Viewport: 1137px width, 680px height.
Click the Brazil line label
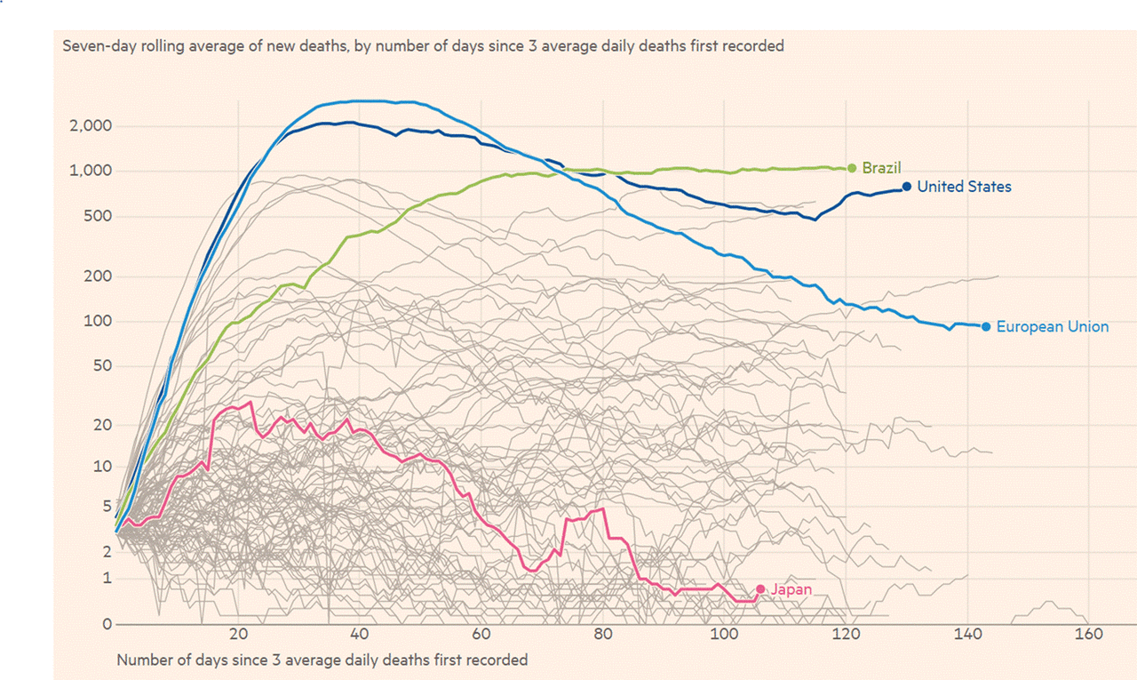tap(881, 168)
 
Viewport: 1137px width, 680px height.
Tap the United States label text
tap(964, 187)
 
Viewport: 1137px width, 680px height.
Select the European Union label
tap(1053, 326)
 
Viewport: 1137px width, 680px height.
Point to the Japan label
tap(791, 589)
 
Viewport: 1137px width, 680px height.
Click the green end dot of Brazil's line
tap(852, 168)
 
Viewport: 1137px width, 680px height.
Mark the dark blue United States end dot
tap(906, 187)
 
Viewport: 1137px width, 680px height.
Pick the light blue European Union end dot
tap(986, 326)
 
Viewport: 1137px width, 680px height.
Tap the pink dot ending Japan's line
tap(760, 589)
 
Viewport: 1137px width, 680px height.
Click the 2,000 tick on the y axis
tap(90, 126)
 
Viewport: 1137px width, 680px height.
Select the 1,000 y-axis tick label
tap(90, 171)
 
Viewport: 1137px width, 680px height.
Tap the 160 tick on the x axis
tap(1088, 635)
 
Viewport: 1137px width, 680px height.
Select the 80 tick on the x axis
tap(603, 635)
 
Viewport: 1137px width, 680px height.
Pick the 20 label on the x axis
tap(238, 635)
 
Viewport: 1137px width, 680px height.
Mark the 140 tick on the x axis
tap(966, 635)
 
